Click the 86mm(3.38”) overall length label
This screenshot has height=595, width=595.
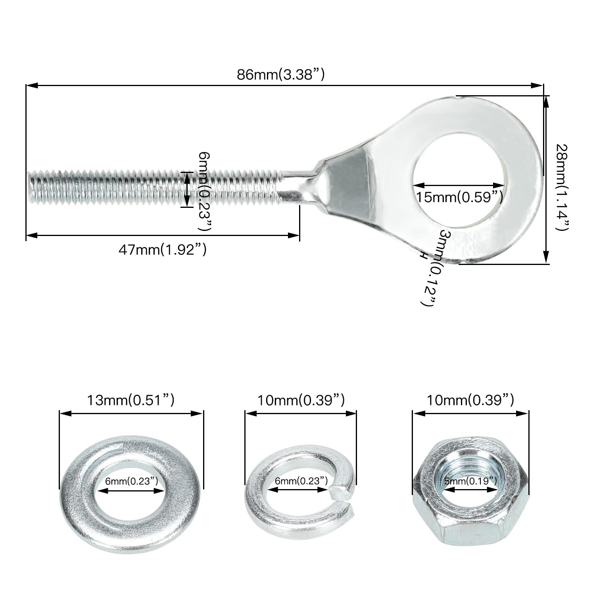pos(281,75)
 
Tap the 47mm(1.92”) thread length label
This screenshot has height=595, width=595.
pos(163,250)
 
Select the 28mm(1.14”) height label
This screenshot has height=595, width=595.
pos(562,186)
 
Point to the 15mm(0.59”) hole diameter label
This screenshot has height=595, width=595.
pos(460,197)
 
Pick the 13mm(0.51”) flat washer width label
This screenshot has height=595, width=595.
pos(131,400)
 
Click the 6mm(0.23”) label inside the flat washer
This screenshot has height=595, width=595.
pos(132,481)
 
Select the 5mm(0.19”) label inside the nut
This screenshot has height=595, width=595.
pos(470,481)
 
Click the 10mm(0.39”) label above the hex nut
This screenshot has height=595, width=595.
pos(470,400)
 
